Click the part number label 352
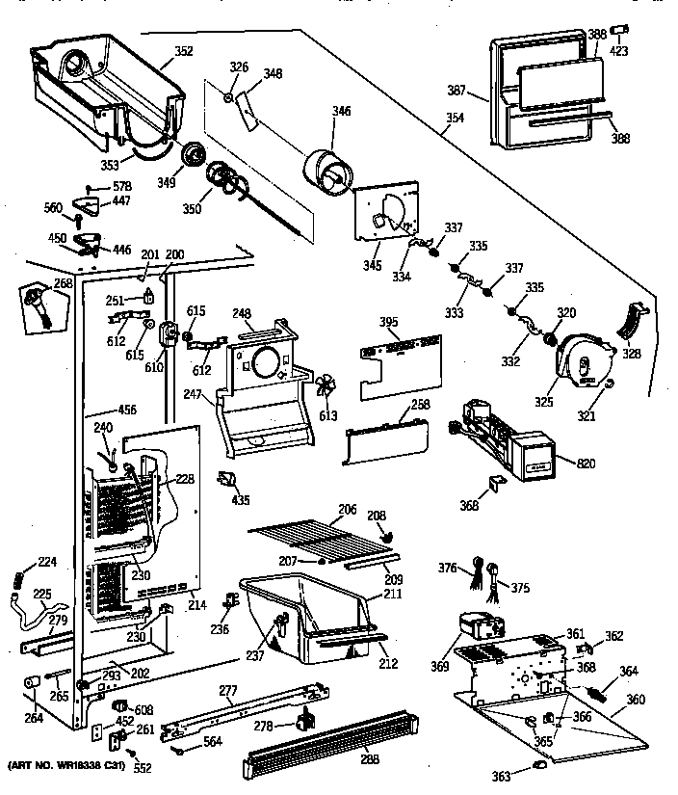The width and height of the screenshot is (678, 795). click(x=183, y=52)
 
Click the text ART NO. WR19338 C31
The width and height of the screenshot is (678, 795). click(x=67, y=767)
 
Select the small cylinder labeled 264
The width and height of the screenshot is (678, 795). click(x=31, y=684)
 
